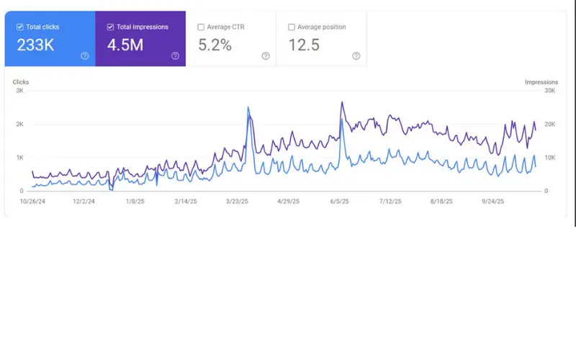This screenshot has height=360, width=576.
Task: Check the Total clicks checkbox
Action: [20, 27]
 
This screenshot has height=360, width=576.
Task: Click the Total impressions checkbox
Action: [110, 27]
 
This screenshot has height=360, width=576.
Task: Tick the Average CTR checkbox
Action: [201, 27]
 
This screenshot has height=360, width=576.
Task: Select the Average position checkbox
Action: [291, 27]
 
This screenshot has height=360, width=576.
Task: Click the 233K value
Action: [35, 45]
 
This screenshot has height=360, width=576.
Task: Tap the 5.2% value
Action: [215, 45]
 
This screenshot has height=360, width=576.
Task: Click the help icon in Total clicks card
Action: [85, 56]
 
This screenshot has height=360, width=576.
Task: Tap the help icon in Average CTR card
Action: [266, 56]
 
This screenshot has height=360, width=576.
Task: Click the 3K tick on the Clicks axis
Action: [19, 91]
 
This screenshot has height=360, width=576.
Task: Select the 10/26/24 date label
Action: [32, 202]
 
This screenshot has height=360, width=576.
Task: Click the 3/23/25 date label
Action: [238, 202]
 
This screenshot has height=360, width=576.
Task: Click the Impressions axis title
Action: [541, 82]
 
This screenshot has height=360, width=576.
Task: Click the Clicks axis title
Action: [21, 82]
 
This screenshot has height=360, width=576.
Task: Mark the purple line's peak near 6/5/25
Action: [342, 102]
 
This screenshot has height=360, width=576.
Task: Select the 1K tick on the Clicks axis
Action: [19, 158]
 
